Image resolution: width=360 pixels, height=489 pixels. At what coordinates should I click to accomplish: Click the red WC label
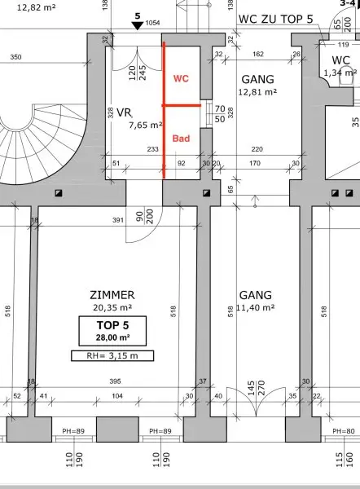pos(181,78)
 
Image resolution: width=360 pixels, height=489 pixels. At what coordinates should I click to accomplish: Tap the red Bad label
pos(181,139)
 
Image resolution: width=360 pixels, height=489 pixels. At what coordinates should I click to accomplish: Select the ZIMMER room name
pos(112,295)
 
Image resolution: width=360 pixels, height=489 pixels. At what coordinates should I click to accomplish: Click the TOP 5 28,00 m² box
pos(112,331)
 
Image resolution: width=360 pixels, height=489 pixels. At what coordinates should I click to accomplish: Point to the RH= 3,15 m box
pos(112,356)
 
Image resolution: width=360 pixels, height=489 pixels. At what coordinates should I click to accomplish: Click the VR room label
pos(124,112)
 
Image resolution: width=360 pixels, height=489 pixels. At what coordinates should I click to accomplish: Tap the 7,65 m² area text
pos(146,125)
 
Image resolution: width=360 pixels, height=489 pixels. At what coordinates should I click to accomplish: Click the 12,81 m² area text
pos(257,92)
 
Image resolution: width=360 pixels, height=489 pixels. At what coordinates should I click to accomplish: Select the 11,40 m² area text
pos(256,307)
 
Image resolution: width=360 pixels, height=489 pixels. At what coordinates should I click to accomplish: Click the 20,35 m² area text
pos(112,307)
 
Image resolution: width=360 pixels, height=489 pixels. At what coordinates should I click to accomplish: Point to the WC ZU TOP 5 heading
pos(275,19)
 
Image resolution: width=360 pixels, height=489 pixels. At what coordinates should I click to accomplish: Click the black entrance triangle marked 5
pos(137,25)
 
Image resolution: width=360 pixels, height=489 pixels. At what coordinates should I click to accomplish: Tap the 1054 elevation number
pos(153,23)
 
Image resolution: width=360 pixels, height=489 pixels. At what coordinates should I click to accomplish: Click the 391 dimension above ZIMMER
pos(118,220)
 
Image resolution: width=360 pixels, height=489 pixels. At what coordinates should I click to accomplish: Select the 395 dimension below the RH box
pos(116,381)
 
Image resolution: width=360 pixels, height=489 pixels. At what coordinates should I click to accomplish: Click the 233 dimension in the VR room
pos(153,149)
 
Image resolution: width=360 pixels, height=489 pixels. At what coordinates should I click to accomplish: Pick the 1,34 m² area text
pos(340,73)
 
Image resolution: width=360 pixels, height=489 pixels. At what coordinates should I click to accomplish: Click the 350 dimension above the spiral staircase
pos(16,57)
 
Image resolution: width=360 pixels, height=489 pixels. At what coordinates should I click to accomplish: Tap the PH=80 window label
pos(344,431)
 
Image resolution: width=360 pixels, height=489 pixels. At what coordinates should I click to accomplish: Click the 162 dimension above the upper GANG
pos(258,55)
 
